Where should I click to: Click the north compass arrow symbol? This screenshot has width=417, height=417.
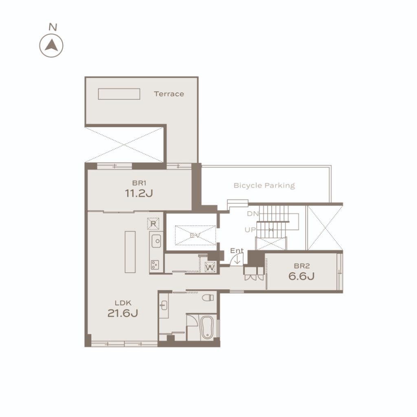coord(51,46)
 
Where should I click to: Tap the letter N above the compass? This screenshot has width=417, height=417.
coord(53,27)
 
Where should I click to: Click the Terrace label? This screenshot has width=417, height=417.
coord(169,94)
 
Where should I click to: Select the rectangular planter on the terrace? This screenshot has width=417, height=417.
coord(119,94)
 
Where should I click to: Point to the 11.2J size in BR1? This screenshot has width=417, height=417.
coord(139,193)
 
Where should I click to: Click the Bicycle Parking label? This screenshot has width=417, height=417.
coord(264,186)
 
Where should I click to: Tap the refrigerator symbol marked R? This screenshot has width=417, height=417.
coord(153,224)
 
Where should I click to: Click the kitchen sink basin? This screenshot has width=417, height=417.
coord(156,241)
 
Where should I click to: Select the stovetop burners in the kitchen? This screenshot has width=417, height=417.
coord(155,265)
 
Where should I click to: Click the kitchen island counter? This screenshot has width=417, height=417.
coord(130,252)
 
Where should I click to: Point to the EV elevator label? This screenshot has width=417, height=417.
coord(195,236)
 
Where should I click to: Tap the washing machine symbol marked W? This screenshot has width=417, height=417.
coord(210,267)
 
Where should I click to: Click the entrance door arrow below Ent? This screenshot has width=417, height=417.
coord(237,260)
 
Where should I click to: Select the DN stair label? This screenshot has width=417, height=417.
coord(252,213)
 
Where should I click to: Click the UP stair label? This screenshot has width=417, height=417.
coord(250,230)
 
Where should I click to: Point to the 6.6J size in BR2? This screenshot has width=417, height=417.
coord(302,277)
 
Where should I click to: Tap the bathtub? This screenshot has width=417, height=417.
coord(207,328)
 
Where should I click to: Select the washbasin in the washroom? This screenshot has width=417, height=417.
coord(164,305)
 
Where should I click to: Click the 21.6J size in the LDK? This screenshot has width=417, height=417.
coord(123,313)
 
